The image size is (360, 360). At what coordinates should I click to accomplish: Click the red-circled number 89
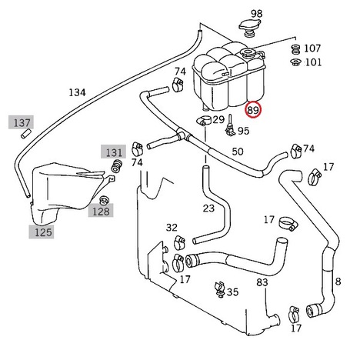point(253,110)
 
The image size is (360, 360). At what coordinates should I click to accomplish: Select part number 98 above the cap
point(256,13)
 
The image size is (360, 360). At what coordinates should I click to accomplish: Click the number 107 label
point(312,48)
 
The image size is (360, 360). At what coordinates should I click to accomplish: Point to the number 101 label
point(313,62)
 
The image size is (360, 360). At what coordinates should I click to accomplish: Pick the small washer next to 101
point(295,62)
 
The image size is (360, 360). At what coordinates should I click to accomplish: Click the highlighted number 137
point(22,123)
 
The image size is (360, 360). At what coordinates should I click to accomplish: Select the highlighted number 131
point(114,152)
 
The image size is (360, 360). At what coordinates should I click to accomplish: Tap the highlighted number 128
point(101,212)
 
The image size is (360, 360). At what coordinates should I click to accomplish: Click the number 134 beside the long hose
point(77,92)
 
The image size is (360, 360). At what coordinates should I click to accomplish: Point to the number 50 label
point(238,152)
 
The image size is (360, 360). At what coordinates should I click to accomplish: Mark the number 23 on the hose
point(208,208)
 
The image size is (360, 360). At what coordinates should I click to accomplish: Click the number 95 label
point(243,131)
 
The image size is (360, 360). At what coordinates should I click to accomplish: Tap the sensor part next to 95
point(230,125)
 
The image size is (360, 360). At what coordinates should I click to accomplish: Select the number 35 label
point(232,292)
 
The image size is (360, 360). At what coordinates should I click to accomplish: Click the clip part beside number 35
point(219,289)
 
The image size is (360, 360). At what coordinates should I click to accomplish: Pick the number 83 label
point(262,282)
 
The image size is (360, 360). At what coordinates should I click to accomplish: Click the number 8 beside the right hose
point(338,282)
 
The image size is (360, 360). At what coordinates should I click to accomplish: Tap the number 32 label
point(172,228)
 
